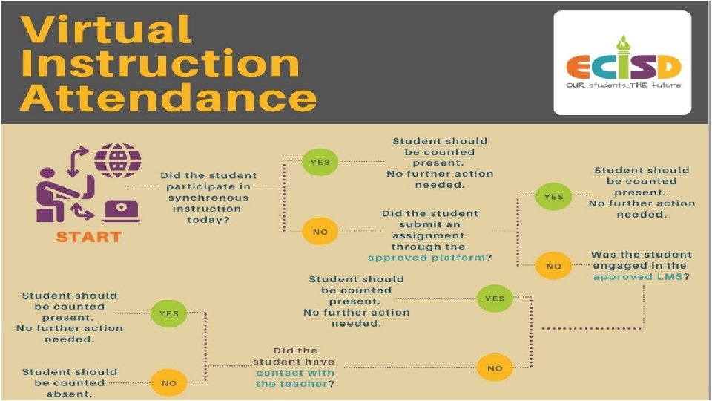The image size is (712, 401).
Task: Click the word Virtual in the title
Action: click(x=106, y=30)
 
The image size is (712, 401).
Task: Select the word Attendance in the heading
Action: click(x=168, y=98)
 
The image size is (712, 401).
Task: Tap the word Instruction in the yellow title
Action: click(x=159, y=64)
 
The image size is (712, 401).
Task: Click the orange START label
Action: click(x=88, y=238)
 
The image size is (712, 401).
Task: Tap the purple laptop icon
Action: click(x=122, y=209)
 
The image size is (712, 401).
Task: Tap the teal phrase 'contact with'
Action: click(x=295, y=372)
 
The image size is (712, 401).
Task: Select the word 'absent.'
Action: click(x=70, y=394)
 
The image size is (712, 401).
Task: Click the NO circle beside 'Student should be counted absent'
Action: click(x=168, y=383)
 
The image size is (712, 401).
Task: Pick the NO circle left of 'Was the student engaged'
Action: click(x=553, y=265)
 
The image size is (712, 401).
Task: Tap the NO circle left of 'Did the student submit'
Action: click(x=320, y=231)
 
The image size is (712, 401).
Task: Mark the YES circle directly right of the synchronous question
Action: click(x=320, y=162)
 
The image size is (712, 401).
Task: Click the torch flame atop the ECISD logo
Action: click(x=622, y=41)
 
